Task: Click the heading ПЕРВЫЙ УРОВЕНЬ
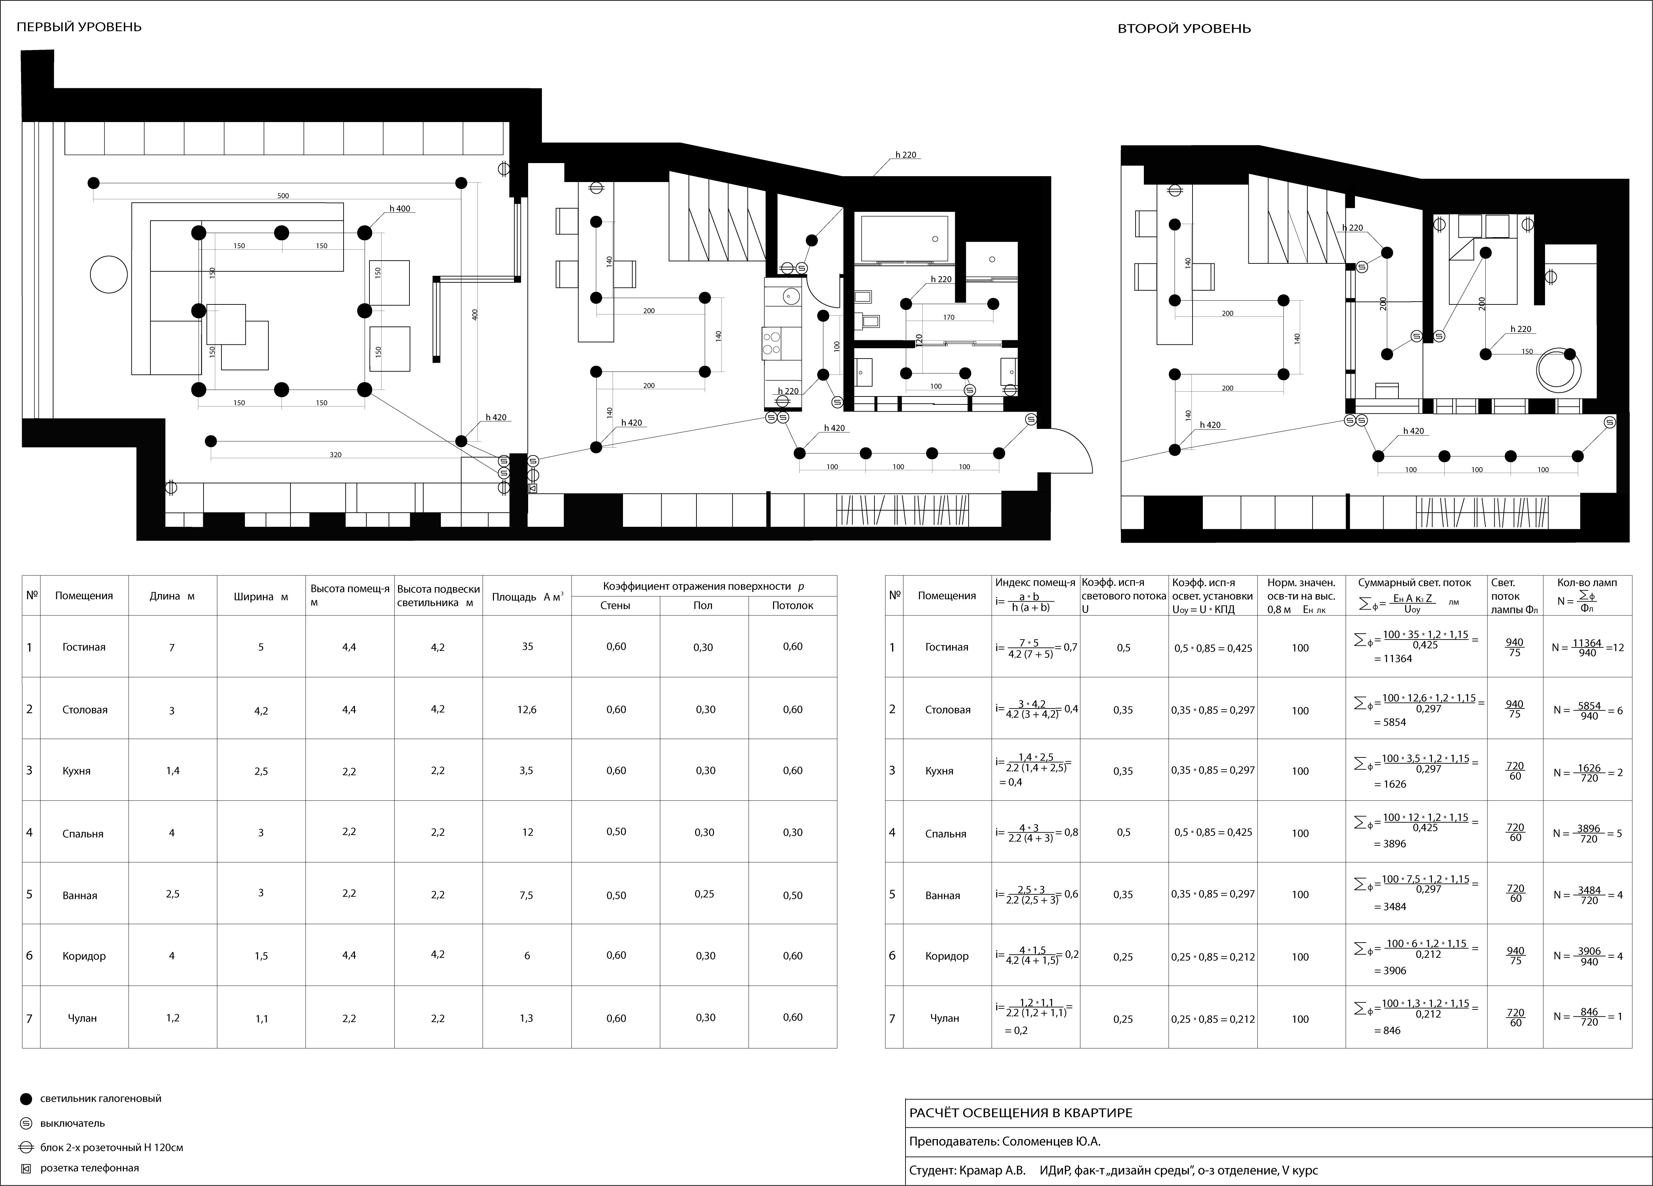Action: (x=79, y=27)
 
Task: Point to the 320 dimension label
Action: (x=335, y=455)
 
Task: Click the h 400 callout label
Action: (x=399, y=208)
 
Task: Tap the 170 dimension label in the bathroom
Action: (x=948, y=318)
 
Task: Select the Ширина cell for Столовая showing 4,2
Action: (x=261, y=710)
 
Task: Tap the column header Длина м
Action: (x=172, y=596)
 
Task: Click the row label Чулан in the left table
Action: (x=82, y=1018)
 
